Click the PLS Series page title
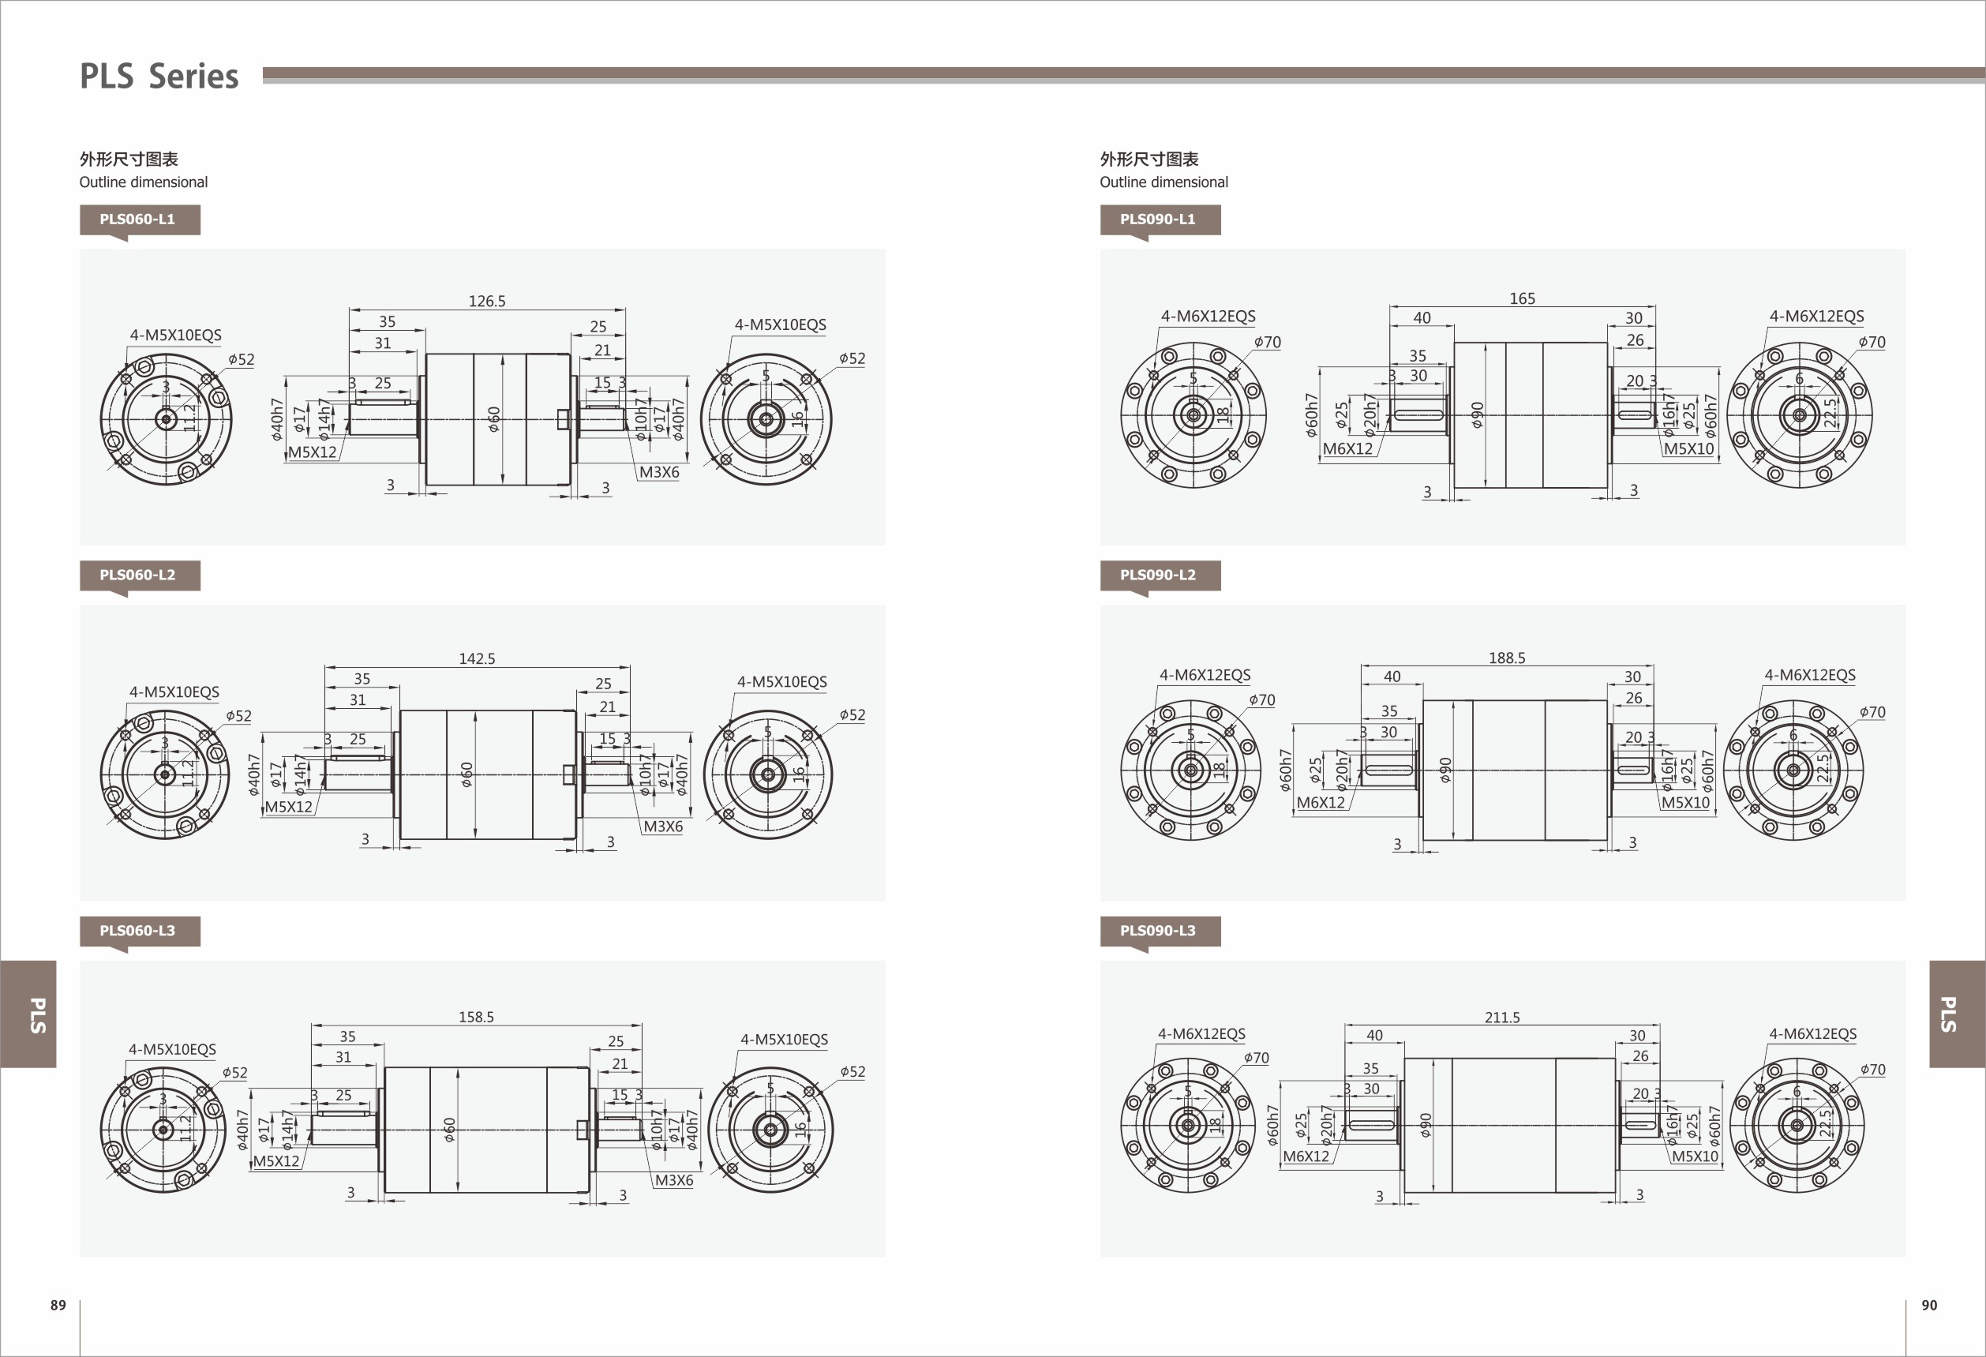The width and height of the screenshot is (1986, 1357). click(159, 76)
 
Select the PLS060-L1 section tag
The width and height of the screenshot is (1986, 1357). click(137, 219)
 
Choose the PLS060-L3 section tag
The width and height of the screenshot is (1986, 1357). click(137, 931)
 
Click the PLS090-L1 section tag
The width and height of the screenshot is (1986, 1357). click(1158, 219)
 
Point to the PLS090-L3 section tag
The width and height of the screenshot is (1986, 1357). click(1158, 931)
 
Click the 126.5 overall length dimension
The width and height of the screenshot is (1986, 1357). click(487, 301)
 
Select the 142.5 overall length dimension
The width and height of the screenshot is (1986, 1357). click(477, 659)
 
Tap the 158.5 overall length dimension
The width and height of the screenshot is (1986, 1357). click(476, 1017)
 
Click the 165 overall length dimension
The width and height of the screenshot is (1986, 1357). click(1522, 298)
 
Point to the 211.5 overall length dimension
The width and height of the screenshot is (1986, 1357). click(1502, 1018)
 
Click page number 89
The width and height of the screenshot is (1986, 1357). click(58, 1305)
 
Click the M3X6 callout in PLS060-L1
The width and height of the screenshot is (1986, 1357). click(659, 472)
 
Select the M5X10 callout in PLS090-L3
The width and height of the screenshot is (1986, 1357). click(1695, 1156)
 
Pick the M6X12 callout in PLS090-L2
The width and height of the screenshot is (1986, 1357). click(1321, 802)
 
